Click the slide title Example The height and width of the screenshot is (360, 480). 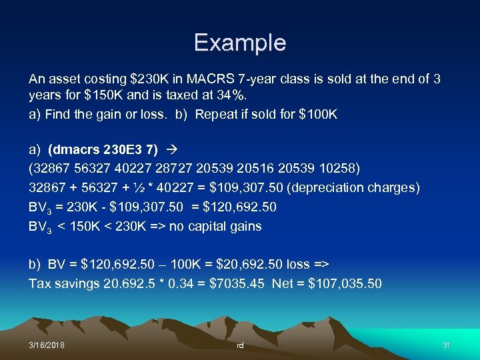point(240,43)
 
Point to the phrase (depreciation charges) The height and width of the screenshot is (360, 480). point(357,187)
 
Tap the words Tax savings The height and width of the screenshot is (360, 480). point(64,283)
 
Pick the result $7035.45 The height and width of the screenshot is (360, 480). point(237,283)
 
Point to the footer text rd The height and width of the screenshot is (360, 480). point(241,345)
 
